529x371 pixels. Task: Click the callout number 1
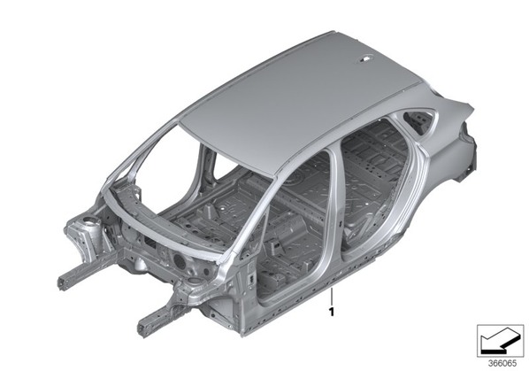(x=332, y=312)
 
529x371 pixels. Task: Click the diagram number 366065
(x=502, y=363)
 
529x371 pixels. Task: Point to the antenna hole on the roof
(x=366, y=59)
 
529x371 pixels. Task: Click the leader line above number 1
(x=332, y=296)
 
